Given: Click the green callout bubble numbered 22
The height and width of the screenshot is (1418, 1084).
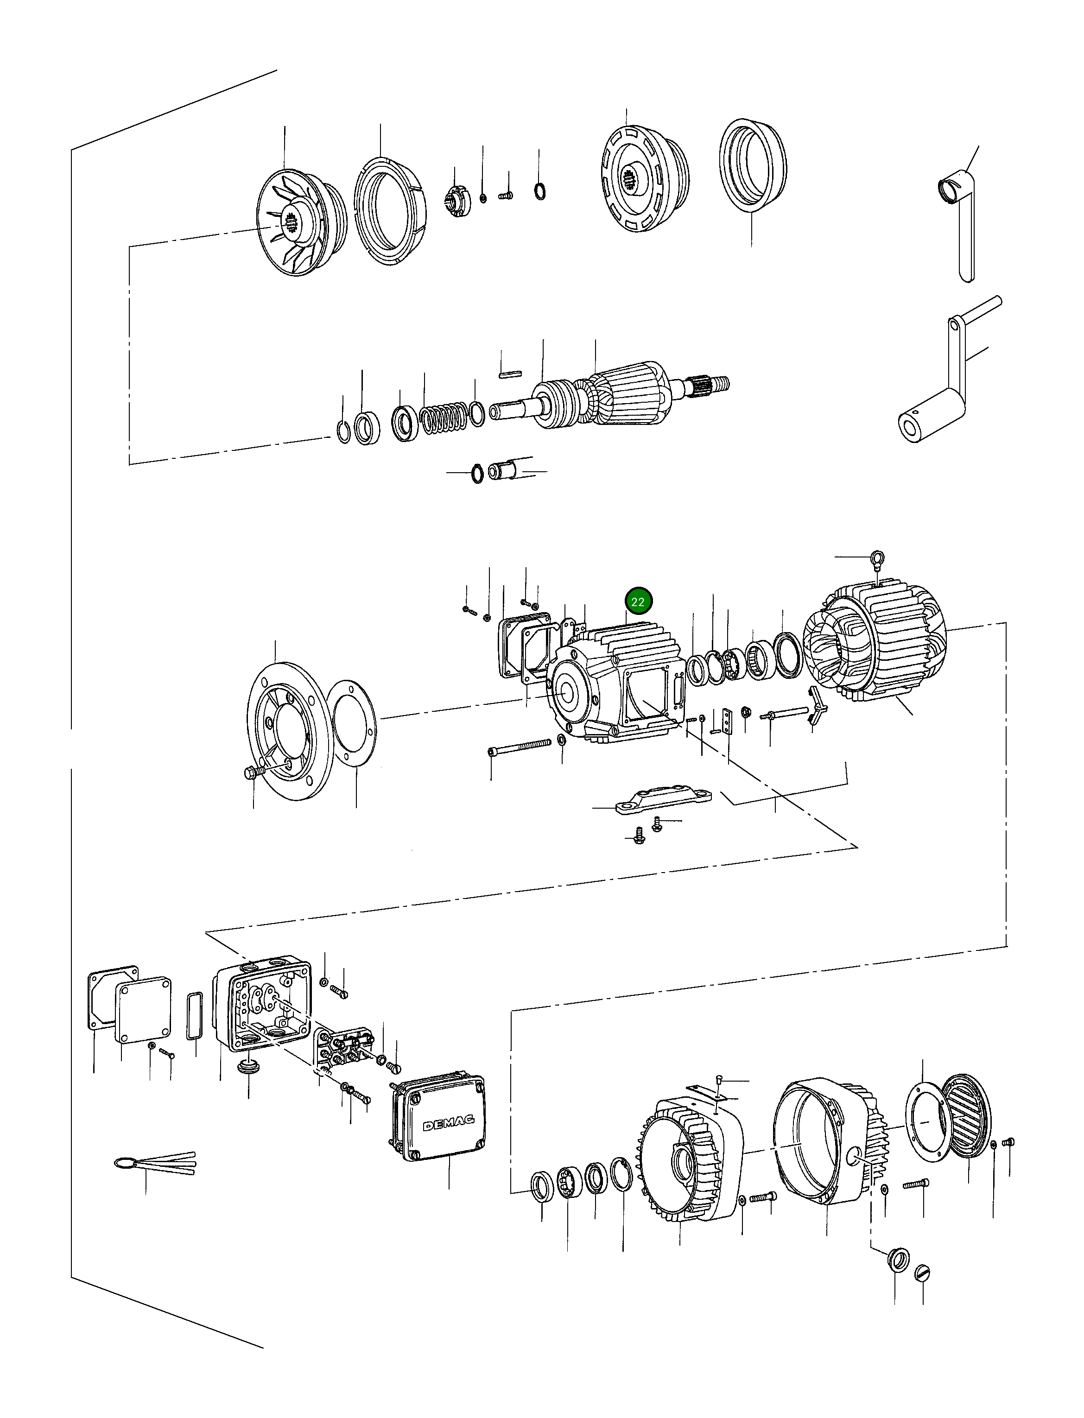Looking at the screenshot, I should pyautogui.click(x=638, y=602).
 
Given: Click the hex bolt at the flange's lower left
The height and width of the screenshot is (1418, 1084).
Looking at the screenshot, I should pyautogui.click(x=254, y=772).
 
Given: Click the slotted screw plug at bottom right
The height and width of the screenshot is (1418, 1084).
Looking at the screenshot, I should pyautogui.click(x=923, y=1273).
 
